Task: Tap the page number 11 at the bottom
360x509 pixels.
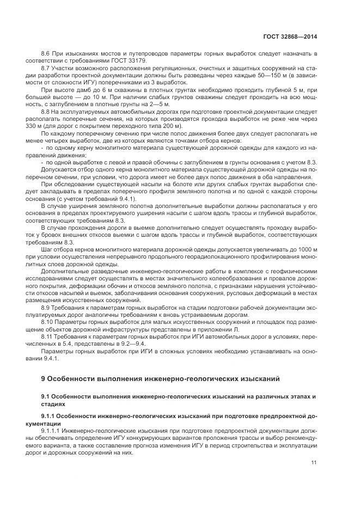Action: (314, 463)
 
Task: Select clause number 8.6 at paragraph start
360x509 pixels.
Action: (46, 55)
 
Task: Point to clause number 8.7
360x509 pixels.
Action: (46, 69)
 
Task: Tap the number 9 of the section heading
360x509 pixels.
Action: (43, 379)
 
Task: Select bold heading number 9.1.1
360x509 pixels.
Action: (49, 416)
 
